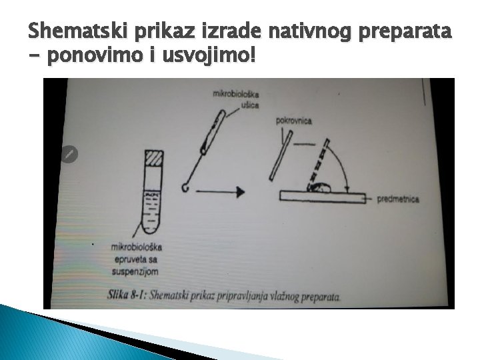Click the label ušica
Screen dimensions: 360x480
[250, 105]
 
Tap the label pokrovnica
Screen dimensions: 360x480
[293, 121]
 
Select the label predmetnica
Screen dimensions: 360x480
[398, 199]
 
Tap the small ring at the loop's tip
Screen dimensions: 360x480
[185, 189]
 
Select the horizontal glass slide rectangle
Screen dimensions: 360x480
[324, 196]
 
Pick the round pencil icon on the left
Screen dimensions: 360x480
[69, 154]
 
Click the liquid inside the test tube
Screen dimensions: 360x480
[153, 207]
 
